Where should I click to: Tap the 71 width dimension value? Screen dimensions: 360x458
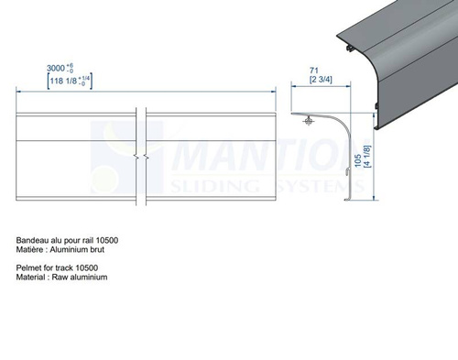(x=313, y=69)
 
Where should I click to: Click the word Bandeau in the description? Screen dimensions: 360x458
(x=34, y=240)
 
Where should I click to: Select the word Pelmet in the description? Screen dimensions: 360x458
(x=29, y=267)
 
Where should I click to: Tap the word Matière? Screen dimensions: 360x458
(x=31, y=249)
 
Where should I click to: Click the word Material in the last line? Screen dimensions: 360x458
(x=32, y=276)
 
